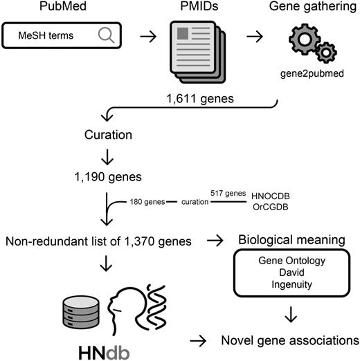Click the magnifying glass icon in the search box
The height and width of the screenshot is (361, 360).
click(x=107, y=35)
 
